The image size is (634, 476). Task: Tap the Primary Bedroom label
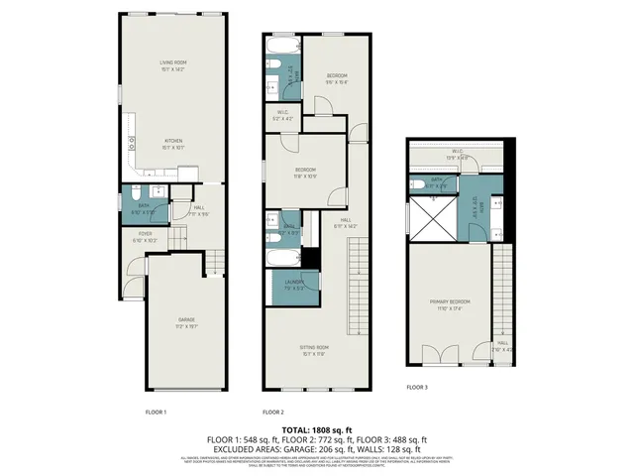click(450, 303)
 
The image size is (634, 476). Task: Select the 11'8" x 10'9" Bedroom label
click(305, 172)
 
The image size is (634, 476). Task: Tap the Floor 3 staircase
click(499, 288)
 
